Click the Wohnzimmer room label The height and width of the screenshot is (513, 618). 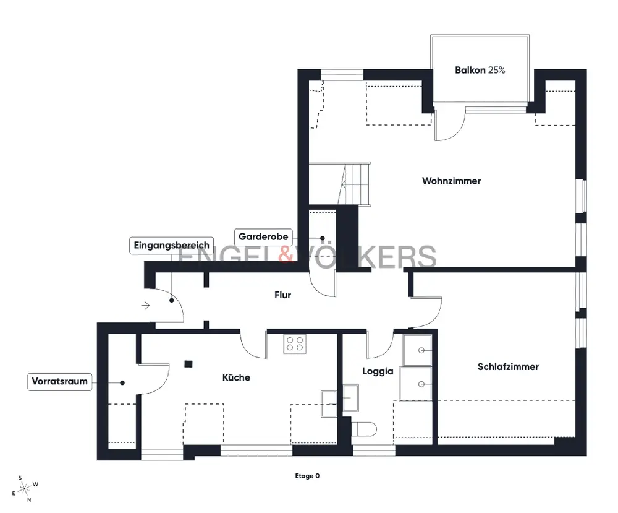[x=451, y=181]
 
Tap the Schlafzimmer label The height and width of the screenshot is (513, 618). [x=508, y=366]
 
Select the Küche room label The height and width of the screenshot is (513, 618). [x=236, y=377]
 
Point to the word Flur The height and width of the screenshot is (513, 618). [x=282, y=295]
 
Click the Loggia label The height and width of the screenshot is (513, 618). [x=378, y=371]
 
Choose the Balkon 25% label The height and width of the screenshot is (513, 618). [x=480, y=71]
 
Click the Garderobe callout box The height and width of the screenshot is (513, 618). [x=263, y=237]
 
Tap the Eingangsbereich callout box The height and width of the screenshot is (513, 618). [x=171, y=246]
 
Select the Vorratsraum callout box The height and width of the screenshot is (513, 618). [x=59, y=382]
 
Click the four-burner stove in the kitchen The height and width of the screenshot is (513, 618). [x=295, y=343]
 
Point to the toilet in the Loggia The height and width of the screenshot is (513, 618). [x=363, y=429]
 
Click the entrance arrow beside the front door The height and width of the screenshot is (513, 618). [x=145, y=306]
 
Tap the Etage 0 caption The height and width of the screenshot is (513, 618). [x=307, y=476]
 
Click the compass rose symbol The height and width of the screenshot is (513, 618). [x=25, y=489]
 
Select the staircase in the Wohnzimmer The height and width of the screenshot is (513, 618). [x=339, y=184]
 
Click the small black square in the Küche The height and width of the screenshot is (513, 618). [x=188, y=364]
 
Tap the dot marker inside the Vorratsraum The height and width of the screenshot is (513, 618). [x=122, y=383]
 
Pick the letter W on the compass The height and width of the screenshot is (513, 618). [x=35, y=484]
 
